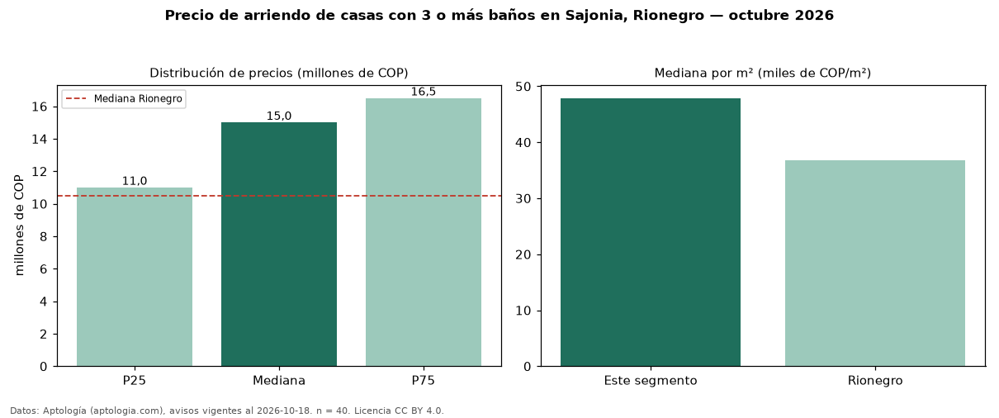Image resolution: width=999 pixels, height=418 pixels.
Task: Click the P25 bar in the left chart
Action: tap(135, 277)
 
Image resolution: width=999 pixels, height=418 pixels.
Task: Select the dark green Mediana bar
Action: tap(279, 244)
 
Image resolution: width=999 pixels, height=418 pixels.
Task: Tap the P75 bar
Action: tap(424, 232)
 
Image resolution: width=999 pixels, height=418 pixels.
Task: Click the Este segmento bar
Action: tap(651, 232)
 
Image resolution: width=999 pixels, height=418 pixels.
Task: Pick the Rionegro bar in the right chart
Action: tap(875, 264)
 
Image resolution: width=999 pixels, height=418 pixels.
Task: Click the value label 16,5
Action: tap(424, 92)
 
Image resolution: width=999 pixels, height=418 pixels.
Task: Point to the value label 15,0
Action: tap(279, 116)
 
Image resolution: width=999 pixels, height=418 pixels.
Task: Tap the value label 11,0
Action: tap(135, 181)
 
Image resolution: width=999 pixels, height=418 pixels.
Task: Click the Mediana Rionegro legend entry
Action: tap(124, 98)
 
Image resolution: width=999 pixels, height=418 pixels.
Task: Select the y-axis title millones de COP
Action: tap(19, 226)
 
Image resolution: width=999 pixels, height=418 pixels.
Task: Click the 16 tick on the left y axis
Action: tap(40, 107)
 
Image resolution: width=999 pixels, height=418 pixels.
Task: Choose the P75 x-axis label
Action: tap(424, 381)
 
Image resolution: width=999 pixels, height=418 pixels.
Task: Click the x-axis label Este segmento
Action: tap(651, 381)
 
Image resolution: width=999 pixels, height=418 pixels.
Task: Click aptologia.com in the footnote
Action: tap(127, 411)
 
